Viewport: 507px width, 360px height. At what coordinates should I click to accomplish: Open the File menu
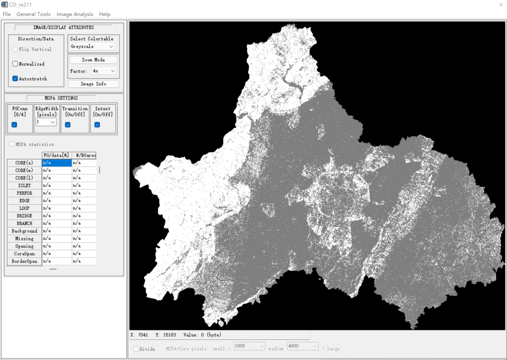[7, 14]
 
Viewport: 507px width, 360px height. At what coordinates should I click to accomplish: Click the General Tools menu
[33, 14]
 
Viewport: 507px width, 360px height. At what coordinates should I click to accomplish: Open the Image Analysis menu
[75, 14]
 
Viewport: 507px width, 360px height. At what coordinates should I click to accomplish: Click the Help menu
[105, 14]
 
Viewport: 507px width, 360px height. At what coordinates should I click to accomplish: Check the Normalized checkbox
[15, 64]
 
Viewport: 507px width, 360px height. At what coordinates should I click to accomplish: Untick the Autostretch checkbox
[15, 78]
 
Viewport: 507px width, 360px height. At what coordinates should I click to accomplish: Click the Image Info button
[93, 84]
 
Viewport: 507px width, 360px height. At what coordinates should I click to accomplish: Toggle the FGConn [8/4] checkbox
[14, 124]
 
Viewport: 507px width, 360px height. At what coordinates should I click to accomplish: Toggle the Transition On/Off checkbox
[68, 124]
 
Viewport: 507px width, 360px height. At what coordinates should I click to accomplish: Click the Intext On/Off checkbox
[97, 124]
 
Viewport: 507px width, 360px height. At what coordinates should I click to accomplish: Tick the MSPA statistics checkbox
[12, 144]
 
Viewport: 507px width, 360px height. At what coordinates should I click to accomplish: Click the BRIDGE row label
[24, 215]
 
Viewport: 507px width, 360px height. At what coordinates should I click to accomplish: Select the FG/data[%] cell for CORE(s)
[57, 162]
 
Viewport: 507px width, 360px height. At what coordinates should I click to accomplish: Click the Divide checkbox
[136, 349]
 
